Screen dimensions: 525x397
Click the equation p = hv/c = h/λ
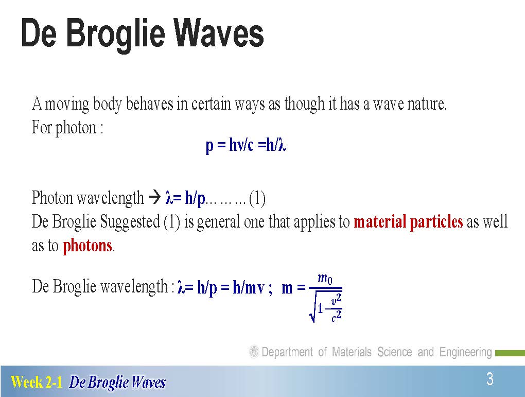tap(246, 145)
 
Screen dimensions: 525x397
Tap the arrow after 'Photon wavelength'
tap(154, 197)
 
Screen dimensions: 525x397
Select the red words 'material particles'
tap(408, 222)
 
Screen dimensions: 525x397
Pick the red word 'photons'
tap(87, 246)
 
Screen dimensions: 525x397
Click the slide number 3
tap(490, 379)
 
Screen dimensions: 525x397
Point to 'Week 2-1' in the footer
tap(37, 382)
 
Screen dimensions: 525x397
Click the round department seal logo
tap(254, 352)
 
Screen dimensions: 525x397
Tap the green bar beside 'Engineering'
tap(510, 353)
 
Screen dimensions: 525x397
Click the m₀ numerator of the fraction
tap(325, 279)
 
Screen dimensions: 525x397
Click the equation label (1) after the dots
tap(257, 198)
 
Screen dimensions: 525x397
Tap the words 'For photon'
tap(64, 128)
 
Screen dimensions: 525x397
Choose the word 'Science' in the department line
tap(394, 352)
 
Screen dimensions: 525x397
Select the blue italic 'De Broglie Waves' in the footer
tap(117, 382)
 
